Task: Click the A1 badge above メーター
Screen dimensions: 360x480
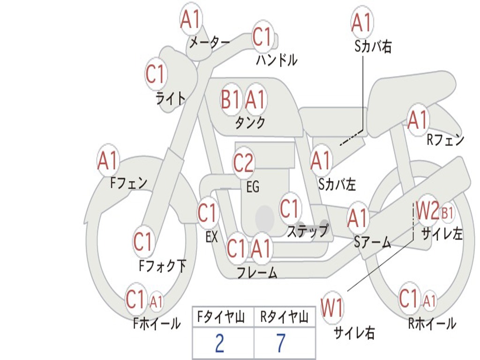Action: [191, 20]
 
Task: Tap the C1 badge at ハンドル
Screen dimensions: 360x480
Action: [262, 37]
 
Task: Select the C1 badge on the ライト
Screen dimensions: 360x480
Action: [156, 74]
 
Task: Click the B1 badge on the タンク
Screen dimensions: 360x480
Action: [231, 99]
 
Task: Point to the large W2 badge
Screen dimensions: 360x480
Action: [427, 211]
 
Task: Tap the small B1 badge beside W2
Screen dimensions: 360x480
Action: [448, 213]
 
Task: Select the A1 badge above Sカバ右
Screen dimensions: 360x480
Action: [361, 22]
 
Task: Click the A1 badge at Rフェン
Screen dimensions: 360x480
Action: [418, 120]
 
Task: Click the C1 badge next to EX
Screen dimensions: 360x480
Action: [208, 213]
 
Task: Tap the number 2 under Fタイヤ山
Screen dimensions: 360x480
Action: [219, 343]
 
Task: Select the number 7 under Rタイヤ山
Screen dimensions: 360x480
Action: [280, 343]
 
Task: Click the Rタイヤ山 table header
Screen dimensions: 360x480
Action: [284, 318]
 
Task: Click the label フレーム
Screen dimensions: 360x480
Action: [257, 272]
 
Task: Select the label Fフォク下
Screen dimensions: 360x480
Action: [162, 266]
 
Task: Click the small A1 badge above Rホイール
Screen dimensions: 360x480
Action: [430, 300]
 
